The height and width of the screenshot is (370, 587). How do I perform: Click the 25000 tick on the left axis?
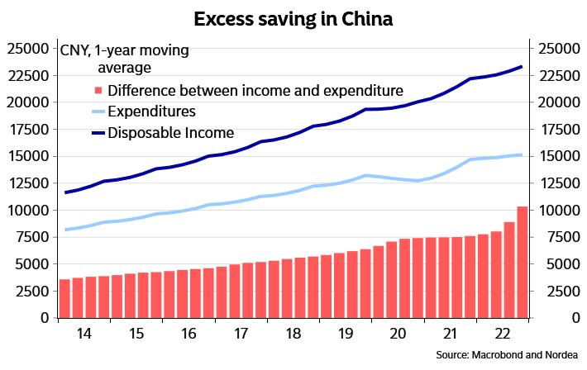(27, 50)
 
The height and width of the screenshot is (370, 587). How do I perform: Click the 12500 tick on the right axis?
(559, 183)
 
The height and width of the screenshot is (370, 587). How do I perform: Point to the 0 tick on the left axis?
(45, 318)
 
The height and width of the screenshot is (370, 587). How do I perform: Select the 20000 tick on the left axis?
(27, 103)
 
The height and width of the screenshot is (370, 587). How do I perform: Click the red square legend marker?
(98, 90)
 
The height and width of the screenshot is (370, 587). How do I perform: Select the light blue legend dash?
(98, 111)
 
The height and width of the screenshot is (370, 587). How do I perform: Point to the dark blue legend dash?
(98, 133)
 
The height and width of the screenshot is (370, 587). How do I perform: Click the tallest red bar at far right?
(523, 263)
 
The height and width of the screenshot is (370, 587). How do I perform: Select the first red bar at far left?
(64, 298)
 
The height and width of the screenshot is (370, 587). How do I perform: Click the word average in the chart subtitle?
(125, 68)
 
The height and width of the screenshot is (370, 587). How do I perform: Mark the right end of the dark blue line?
(523, 67)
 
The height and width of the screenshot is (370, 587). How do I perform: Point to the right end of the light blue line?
(522, 154)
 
